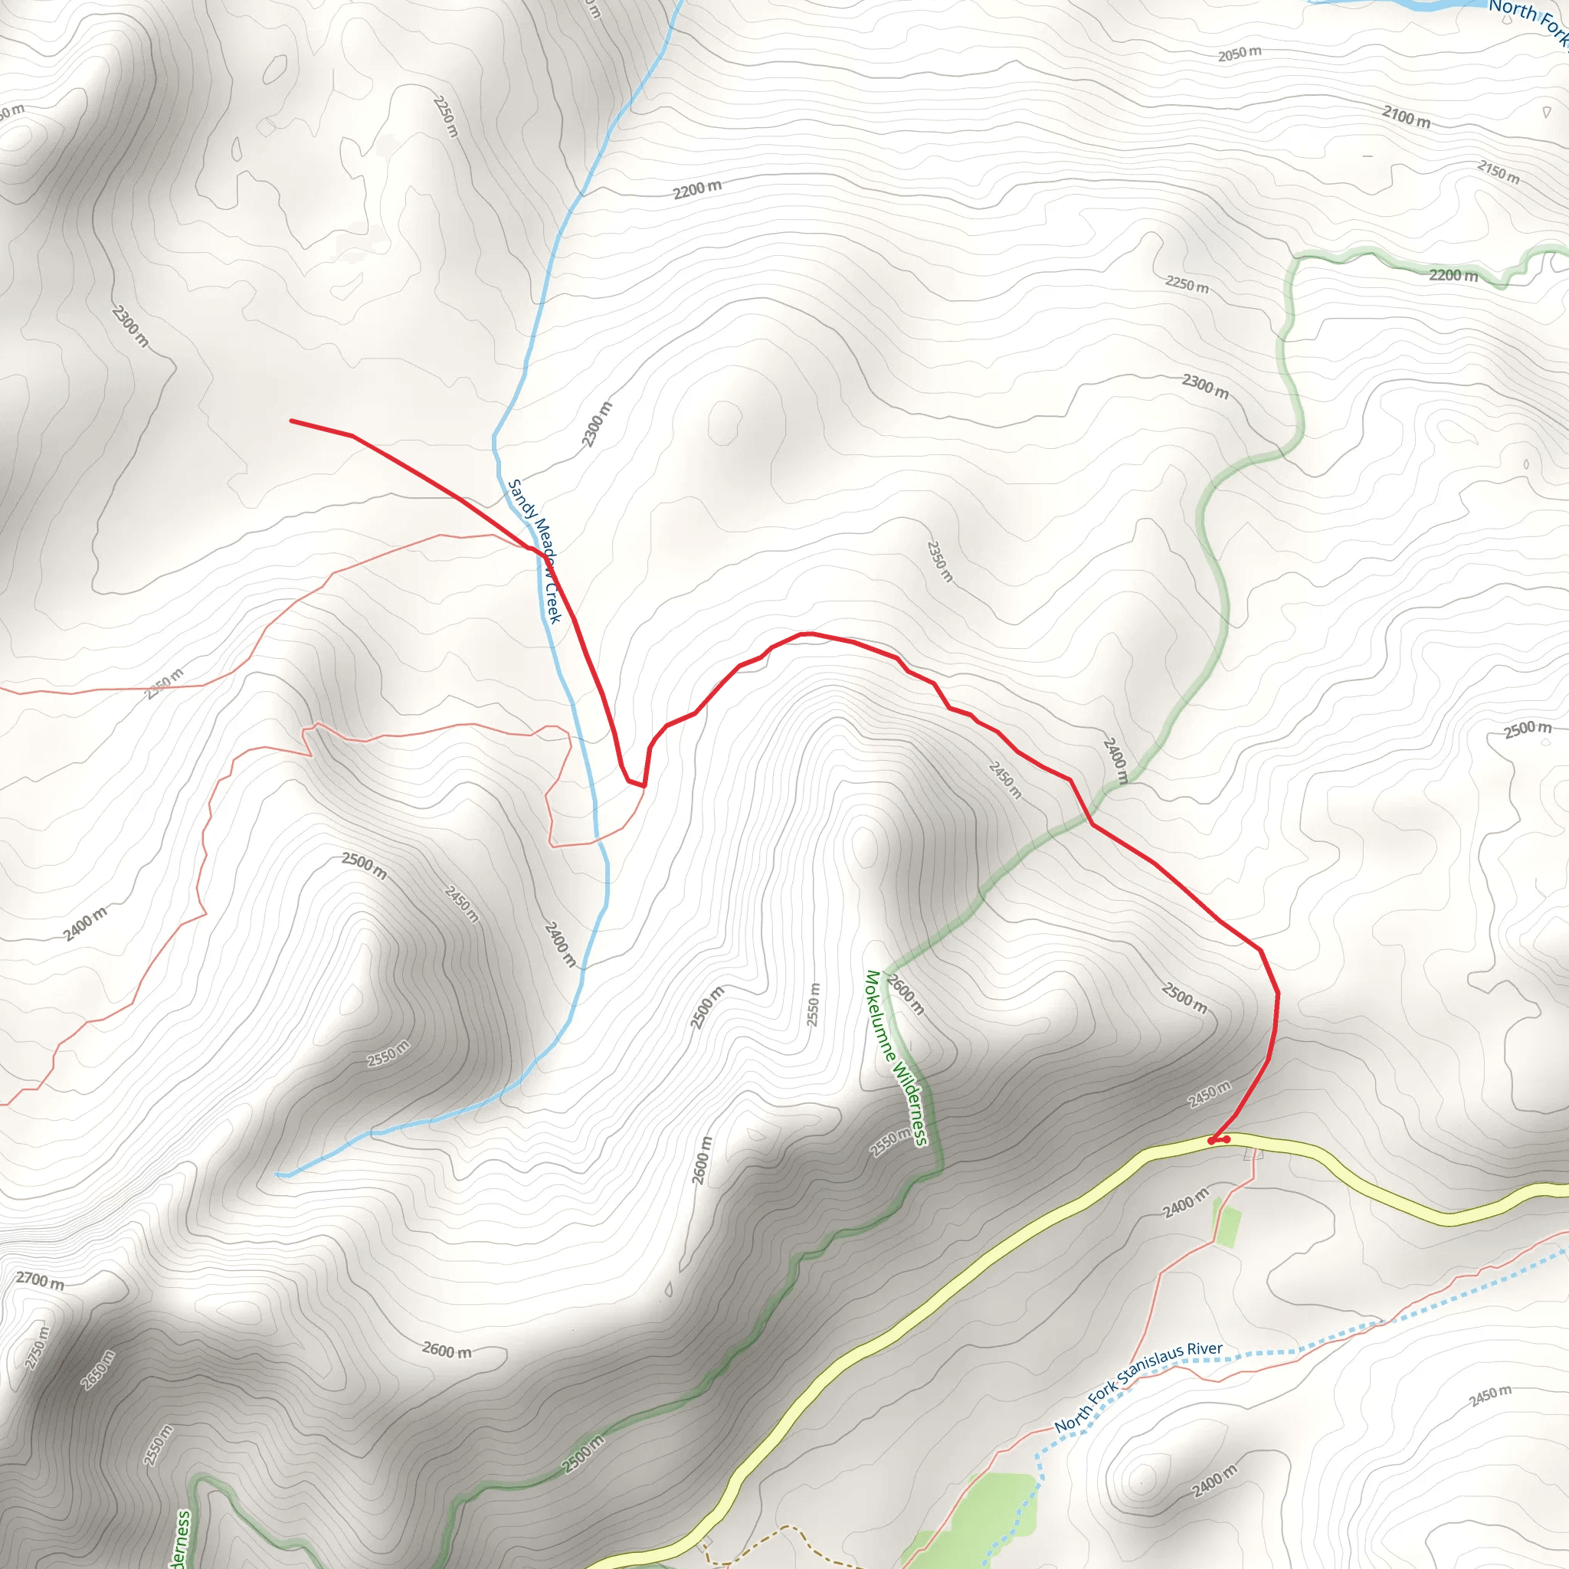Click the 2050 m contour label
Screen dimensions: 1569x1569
[x=1240, y=54]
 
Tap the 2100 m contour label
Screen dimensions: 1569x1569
[x=1407, y=117]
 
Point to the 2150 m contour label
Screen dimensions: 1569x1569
[x=1499, y=172]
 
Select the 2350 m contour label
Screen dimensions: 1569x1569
[x=938, y=561]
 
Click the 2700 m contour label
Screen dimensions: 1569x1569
[x=40, y=1282]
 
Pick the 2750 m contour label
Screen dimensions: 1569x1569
[x=38, y=1348]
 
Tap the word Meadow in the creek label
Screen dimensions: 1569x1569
[x=540, y=549]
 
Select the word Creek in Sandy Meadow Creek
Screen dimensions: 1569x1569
[x=553, y=601]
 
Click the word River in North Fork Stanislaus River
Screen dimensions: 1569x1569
[x=1204, y=1349]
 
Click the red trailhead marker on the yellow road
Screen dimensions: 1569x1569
[x=1219, y=1140]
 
